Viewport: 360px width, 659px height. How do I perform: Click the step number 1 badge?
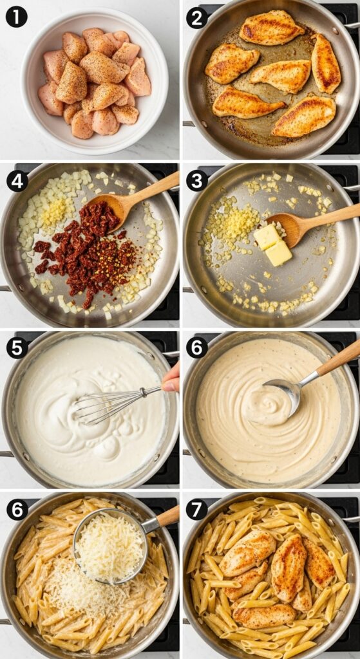(16, 17)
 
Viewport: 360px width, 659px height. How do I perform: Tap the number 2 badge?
(197, 17)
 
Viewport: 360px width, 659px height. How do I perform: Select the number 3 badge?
(197, 181)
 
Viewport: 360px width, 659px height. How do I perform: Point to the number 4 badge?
(17, 181)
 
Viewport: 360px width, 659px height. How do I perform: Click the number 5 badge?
(17, 348)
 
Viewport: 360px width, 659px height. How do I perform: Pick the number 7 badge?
(197, 510)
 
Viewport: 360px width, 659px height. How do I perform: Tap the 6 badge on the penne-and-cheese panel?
(17, 510)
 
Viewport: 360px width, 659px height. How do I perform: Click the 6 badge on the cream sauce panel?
(197, 348)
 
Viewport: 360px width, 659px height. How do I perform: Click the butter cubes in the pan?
(272, 245)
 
